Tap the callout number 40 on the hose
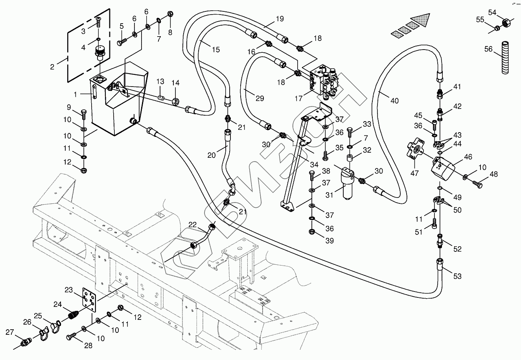(x=394, y=101)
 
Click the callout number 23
(x=69, y=290)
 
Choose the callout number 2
(x=52, y=67)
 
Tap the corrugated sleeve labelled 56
(x=505, y=57)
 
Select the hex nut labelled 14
(x=175, y=101)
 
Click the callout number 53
(x=457, y=276)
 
